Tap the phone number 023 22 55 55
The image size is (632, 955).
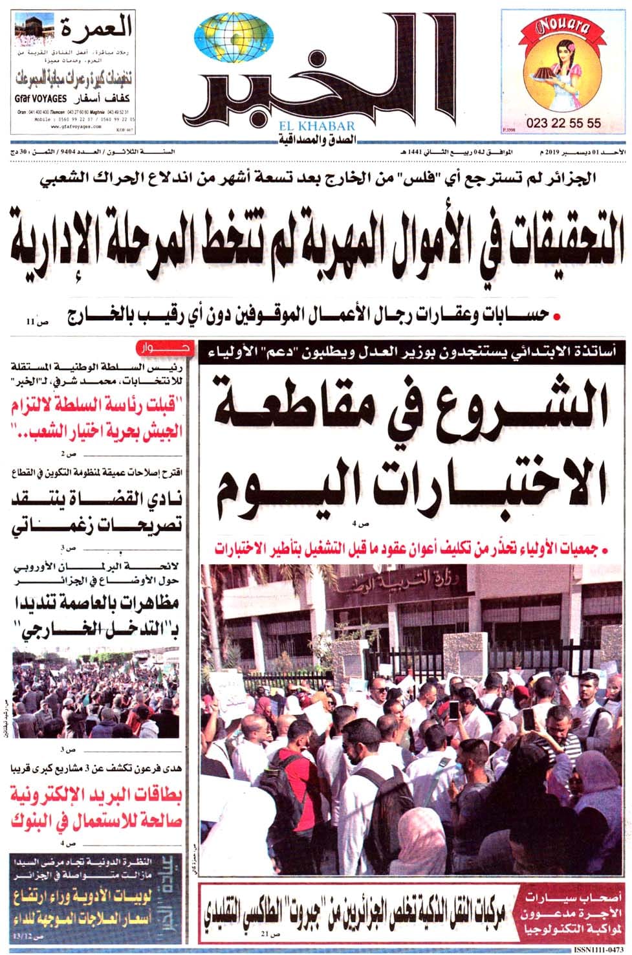tap(563, 123)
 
